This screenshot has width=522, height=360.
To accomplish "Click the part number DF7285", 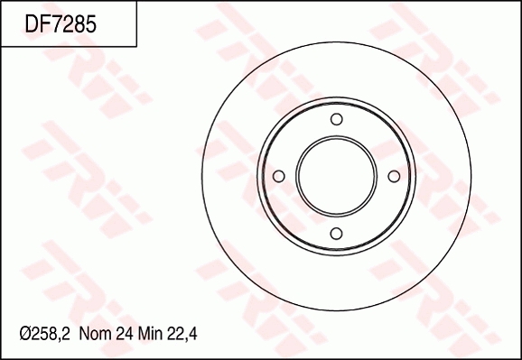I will click(x=61, y=23).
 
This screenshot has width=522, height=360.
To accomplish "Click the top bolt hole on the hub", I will click(x=336, y=119).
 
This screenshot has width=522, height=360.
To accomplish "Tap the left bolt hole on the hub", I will click(x=279, y=176).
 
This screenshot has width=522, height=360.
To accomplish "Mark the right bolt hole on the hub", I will click(x=393, y=176).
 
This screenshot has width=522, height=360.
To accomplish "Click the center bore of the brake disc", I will click(x=336, y=176).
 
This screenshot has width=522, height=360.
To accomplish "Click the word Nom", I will click(x=95, y=334).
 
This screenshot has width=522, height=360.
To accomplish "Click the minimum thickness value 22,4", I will click(x=182, y=334).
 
